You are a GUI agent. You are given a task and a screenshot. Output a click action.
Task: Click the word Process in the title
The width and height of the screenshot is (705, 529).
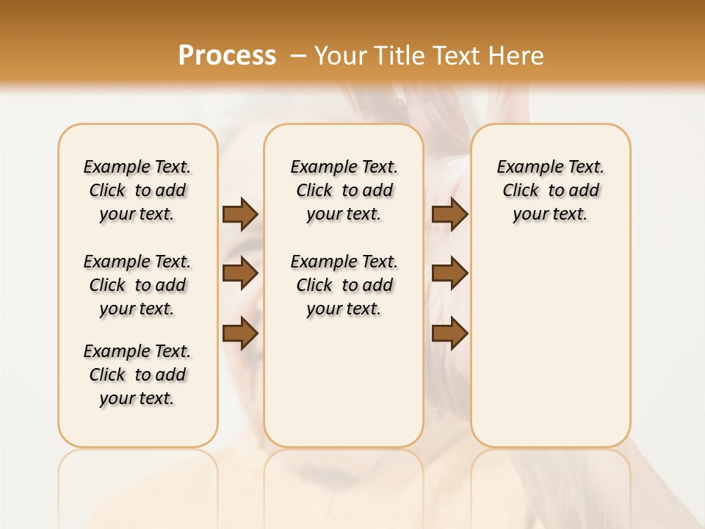click(x=227, y=55)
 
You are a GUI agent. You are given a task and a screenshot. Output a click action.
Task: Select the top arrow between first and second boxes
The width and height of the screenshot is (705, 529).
click(x=240, y=214)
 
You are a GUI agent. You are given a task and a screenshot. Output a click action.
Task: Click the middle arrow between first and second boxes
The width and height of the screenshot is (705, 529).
click(x=240, y=273)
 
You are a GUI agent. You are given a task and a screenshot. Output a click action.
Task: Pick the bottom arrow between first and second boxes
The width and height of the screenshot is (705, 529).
click(x=240, y=334)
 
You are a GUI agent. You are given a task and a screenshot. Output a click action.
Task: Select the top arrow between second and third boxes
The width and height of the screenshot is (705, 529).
click(x=449, y=214)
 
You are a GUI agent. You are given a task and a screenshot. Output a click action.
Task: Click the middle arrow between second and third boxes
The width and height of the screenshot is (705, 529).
click(x=449, y=273)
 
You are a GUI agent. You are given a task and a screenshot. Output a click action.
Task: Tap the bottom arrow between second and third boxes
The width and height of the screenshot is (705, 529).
click(x=449, y=334)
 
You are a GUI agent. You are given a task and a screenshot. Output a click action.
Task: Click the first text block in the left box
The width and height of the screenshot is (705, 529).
click(x=137, y=190)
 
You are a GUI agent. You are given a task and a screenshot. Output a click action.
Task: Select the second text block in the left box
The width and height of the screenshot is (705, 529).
click(x=137, y=285)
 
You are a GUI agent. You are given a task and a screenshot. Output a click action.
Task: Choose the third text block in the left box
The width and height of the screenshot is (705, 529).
click(x=137, y=375)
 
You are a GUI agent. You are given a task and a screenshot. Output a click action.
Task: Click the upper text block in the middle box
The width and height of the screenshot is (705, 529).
click(x=344, y=190)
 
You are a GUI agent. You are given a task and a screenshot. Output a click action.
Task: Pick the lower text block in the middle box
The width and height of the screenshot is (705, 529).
click(x=344, y=285)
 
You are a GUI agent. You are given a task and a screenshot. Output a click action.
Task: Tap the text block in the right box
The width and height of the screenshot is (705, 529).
click(x=550, y=190)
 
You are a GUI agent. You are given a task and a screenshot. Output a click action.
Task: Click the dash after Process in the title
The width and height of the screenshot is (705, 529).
click(x=298, y=56)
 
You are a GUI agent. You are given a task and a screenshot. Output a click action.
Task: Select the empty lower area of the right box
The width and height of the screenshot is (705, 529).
click(x=550, y=345)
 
